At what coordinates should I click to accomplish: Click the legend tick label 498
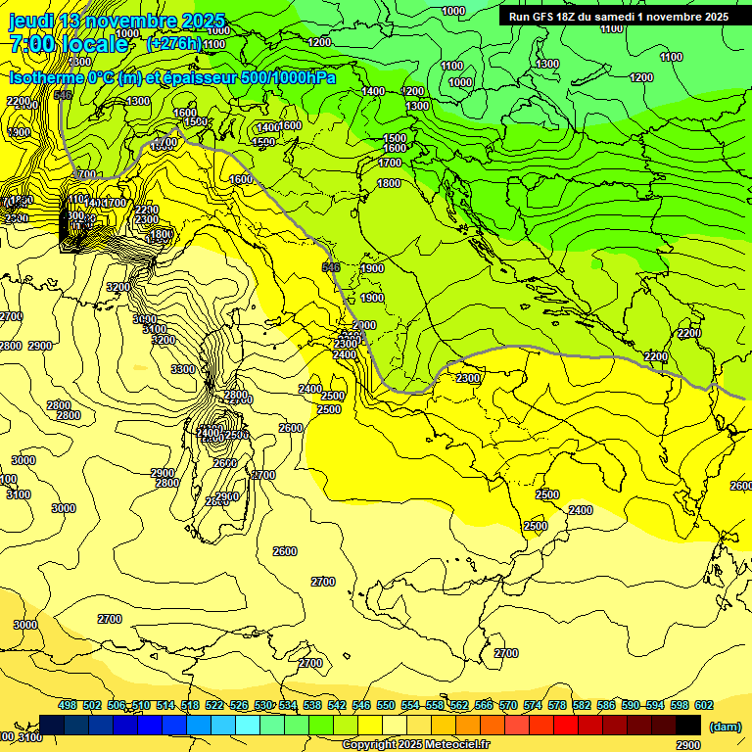coord(68,705)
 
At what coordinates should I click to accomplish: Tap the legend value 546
coord(361,705)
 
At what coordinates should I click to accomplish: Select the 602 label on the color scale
coord(704,705)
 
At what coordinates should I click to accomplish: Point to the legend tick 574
coord(533,705)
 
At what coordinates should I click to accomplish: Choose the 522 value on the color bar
coord(214,705)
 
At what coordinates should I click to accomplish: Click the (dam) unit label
coord(726,726)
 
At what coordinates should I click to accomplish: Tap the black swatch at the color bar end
coord(688,725)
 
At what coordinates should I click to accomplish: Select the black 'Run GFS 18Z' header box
coord(618,17)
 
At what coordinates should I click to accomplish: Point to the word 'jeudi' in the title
coord(31,21)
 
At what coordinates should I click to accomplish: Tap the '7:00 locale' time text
coord(69,44)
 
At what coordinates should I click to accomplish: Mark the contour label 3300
coord(183,369)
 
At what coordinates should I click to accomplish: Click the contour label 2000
coord(364,325)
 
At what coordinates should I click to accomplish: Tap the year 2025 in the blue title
coord(204,21)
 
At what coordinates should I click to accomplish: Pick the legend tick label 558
coord(435,705)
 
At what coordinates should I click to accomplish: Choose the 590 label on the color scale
coord(631,705)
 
